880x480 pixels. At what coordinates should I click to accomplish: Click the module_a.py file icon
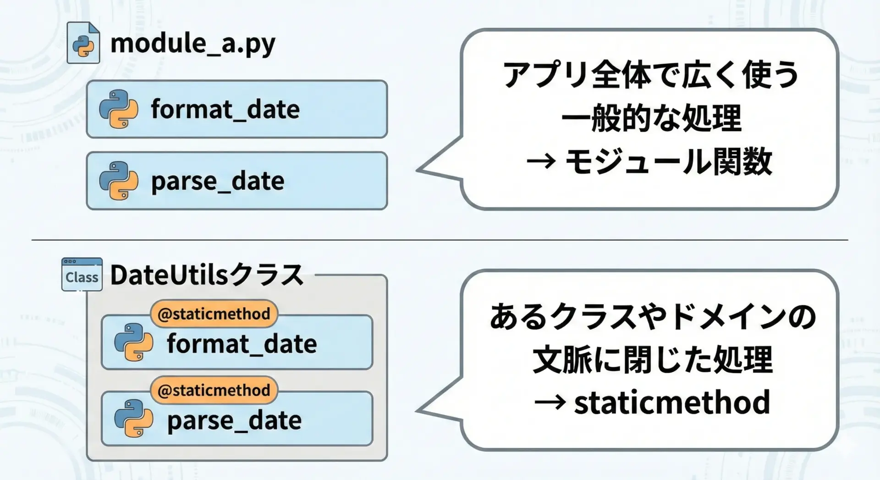pyautogui.click(x=83, y=43)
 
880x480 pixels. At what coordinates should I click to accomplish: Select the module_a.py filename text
pyautogui.click(x=193, y=44)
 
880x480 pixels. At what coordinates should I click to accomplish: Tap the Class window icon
pyautogui.click(x=82, y=274)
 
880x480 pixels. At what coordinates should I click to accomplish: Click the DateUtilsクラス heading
pyautogui.click(x=207, y=275)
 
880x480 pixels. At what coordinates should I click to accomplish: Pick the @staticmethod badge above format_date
pyautogui.click(x=214, y=314)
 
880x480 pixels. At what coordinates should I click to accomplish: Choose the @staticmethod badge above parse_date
pyautogui.click(x=214, y=390)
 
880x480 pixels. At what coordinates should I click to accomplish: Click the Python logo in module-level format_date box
pyautogui.click(x=119, y=109)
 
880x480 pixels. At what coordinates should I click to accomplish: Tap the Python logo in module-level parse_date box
pyautogui.click(x=119, y=181)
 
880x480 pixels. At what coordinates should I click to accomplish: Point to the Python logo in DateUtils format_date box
pyautogui.click(x=134, y=342)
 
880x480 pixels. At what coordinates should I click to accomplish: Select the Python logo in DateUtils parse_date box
pyautogui.click(x=134, y=419)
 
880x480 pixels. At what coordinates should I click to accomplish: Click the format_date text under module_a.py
pyautogui.click(x=225, y=110)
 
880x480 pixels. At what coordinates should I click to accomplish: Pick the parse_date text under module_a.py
pyautogui.click(x=218, y=182)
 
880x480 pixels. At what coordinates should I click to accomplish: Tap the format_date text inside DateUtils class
pyautogui.click(x=242, y=344)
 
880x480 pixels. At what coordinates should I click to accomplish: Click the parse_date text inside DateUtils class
pyautogui.click(x=234, y=421)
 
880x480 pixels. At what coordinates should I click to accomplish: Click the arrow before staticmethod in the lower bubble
pyautogui.click(x=550, y=403)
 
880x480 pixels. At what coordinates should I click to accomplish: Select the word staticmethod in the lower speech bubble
pyautogui.click(x=672, y=402)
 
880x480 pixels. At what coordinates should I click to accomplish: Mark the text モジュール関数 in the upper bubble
pyautogui.click(x=669, y=161)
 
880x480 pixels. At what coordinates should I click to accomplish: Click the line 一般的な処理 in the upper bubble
pyautogui.click(x=651, y=118)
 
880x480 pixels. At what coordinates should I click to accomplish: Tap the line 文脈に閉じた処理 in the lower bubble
pyautogui.click(x=653, y=359)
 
